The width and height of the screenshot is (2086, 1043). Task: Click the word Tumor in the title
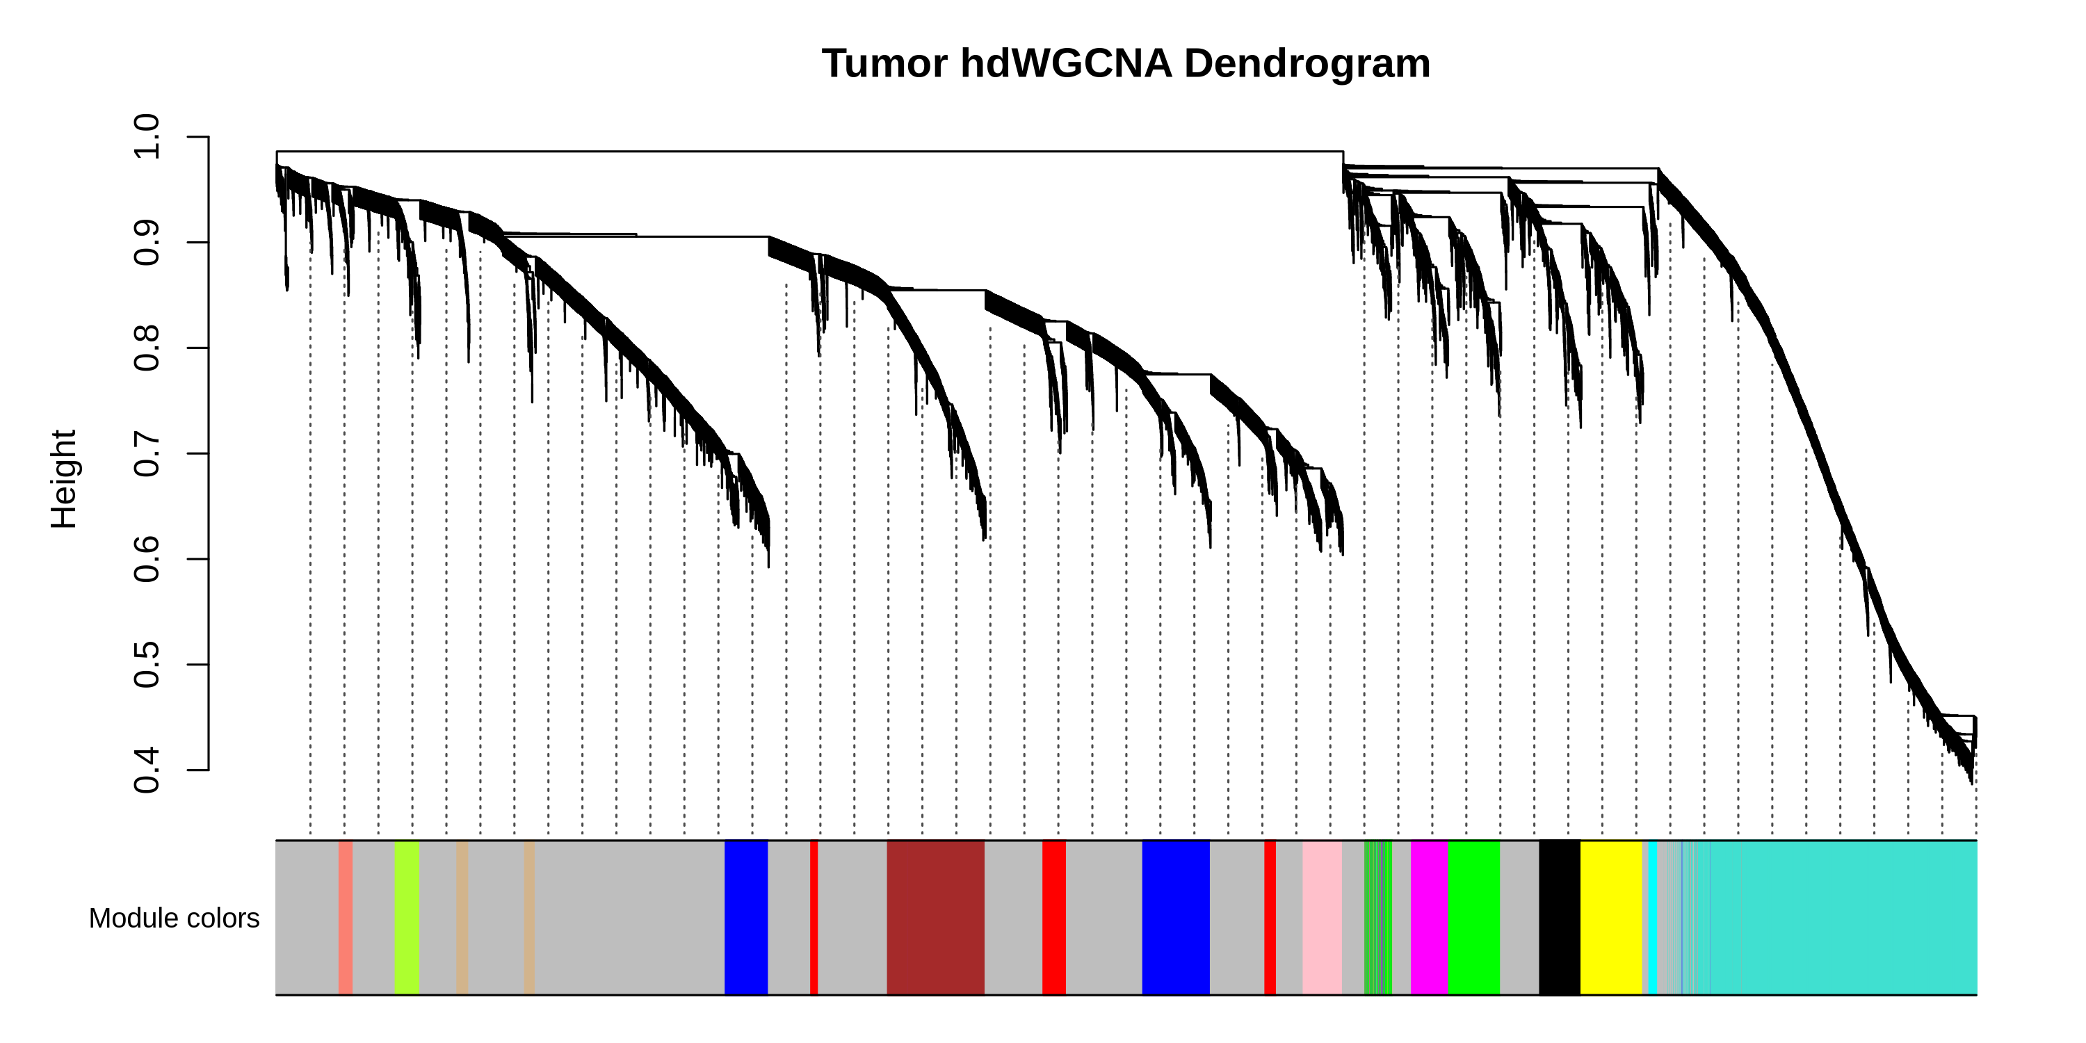click(884, 63)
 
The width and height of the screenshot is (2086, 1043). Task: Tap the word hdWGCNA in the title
click(1066, 63)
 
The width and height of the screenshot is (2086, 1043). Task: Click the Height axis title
click(63, 479)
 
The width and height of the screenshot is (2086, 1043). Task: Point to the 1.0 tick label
click(147, 137)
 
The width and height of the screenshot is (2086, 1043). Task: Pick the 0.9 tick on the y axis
click(147, 242)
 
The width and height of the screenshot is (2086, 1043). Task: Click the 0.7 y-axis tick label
click(147, 453)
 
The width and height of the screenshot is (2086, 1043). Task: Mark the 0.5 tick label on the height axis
click(147, 664)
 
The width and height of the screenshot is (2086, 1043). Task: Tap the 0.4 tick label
click(147, 770)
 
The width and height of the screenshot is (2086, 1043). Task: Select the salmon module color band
click(345, 917)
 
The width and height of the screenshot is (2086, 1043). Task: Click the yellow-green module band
click(407, 917)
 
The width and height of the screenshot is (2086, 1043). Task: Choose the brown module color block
click(935, 917)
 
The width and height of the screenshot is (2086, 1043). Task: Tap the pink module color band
click(1322, 917)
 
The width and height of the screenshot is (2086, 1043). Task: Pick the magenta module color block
click(1428, 917)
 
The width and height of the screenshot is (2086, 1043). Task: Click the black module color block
click(1559, 917)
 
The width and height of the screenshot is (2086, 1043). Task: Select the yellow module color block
click(1610, 917)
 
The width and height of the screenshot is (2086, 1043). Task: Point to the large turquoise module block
click(1842, 917)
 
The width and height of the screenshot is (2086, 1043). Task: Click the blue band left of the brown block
click(746, 917)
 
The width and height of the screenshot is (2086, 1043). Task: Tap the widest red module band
click(1053, 917)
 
